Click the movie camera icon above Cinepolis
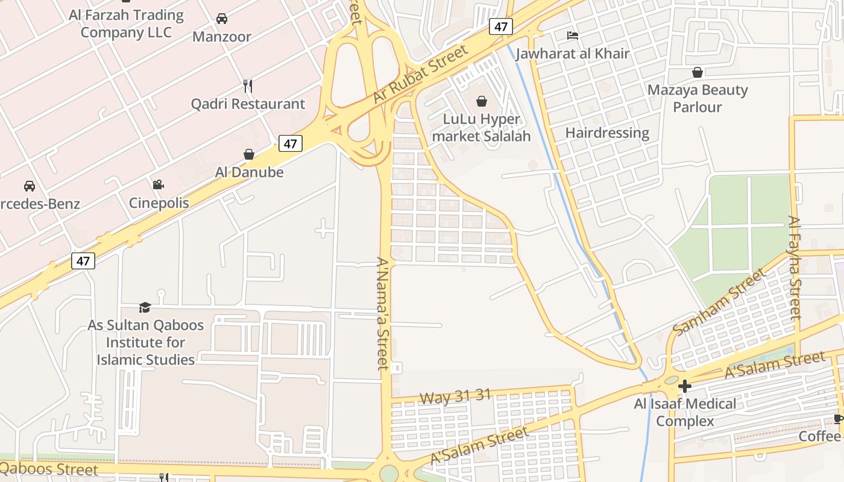158,184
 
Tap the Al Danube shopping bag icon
248,154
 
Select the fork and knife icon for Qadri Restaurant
247,86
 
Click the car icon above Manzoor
222,19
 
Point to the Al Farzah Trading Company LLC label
126,23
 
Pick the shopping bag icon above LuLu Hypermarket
482,101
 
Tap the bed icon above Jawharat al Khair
573,36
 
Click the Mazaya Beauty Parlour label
698,98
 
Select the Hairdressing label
607,133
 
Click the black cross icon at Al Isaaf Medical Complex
685,386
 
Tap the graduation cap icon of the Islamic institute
145,307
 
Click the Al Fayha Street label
795,267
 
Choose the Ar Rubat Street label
421,75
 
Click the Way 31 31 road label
455,397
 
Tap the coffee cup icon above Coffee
838,419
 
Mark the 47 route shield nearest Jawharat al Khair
500,27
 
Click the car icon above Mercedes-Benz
30,186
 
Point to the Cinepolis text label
159,203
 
